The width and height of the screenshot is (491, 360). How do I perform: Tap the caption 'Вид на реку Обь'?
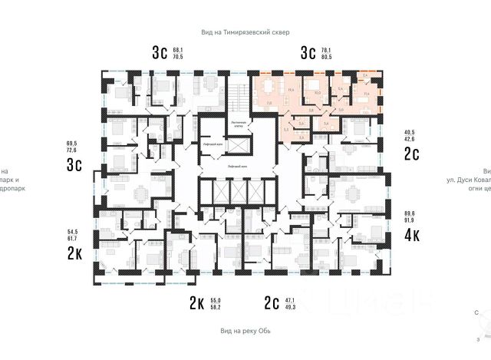[x=245, y=331]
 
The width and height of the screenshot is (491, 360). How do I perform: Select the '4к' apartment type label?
[x=412, y=234]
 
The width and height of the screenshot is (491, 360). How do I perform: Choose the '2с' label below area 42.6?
[x=412, y=154]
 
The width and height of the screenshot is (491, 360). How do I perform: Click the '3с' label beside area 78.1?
[x=308, y=53]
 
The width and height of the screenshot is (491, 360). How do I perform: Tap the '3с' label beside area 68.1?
[x=160, y=53]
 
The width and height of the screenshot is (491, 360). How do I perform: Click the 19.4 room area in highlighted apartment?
[x=291, y=90]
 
